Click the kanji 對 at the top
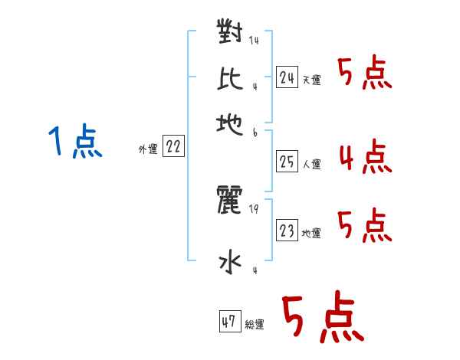click(x=230, y=31)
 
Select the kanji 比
click(x=230, y=79)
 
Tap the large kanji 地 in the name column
click(x=230, y=125)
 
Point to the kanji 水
click(x=230, y=262)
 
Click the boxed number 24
click(x=287, y=77)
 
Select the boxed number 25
click(x=287, y=162)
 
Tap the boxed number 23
click(x=287, y=230)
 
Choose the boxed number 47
click(x=230, y=321)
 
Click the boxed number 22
click(x=173, y=146)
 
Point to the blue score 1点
click(x=75, y=141)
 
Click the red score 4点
click(x=366, y=156)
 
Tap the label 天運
click(x=312, y=80)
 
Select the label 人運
click(x=312, y=164)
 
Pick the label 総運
click(x=255, y=324)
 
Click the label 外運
click(x=148, y=149)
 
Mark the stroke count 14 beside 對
click(x=254, y=40)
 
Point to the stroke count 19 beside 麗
click(x=254, y=209)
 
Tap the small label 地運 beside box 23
click(x=311, y=234)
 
